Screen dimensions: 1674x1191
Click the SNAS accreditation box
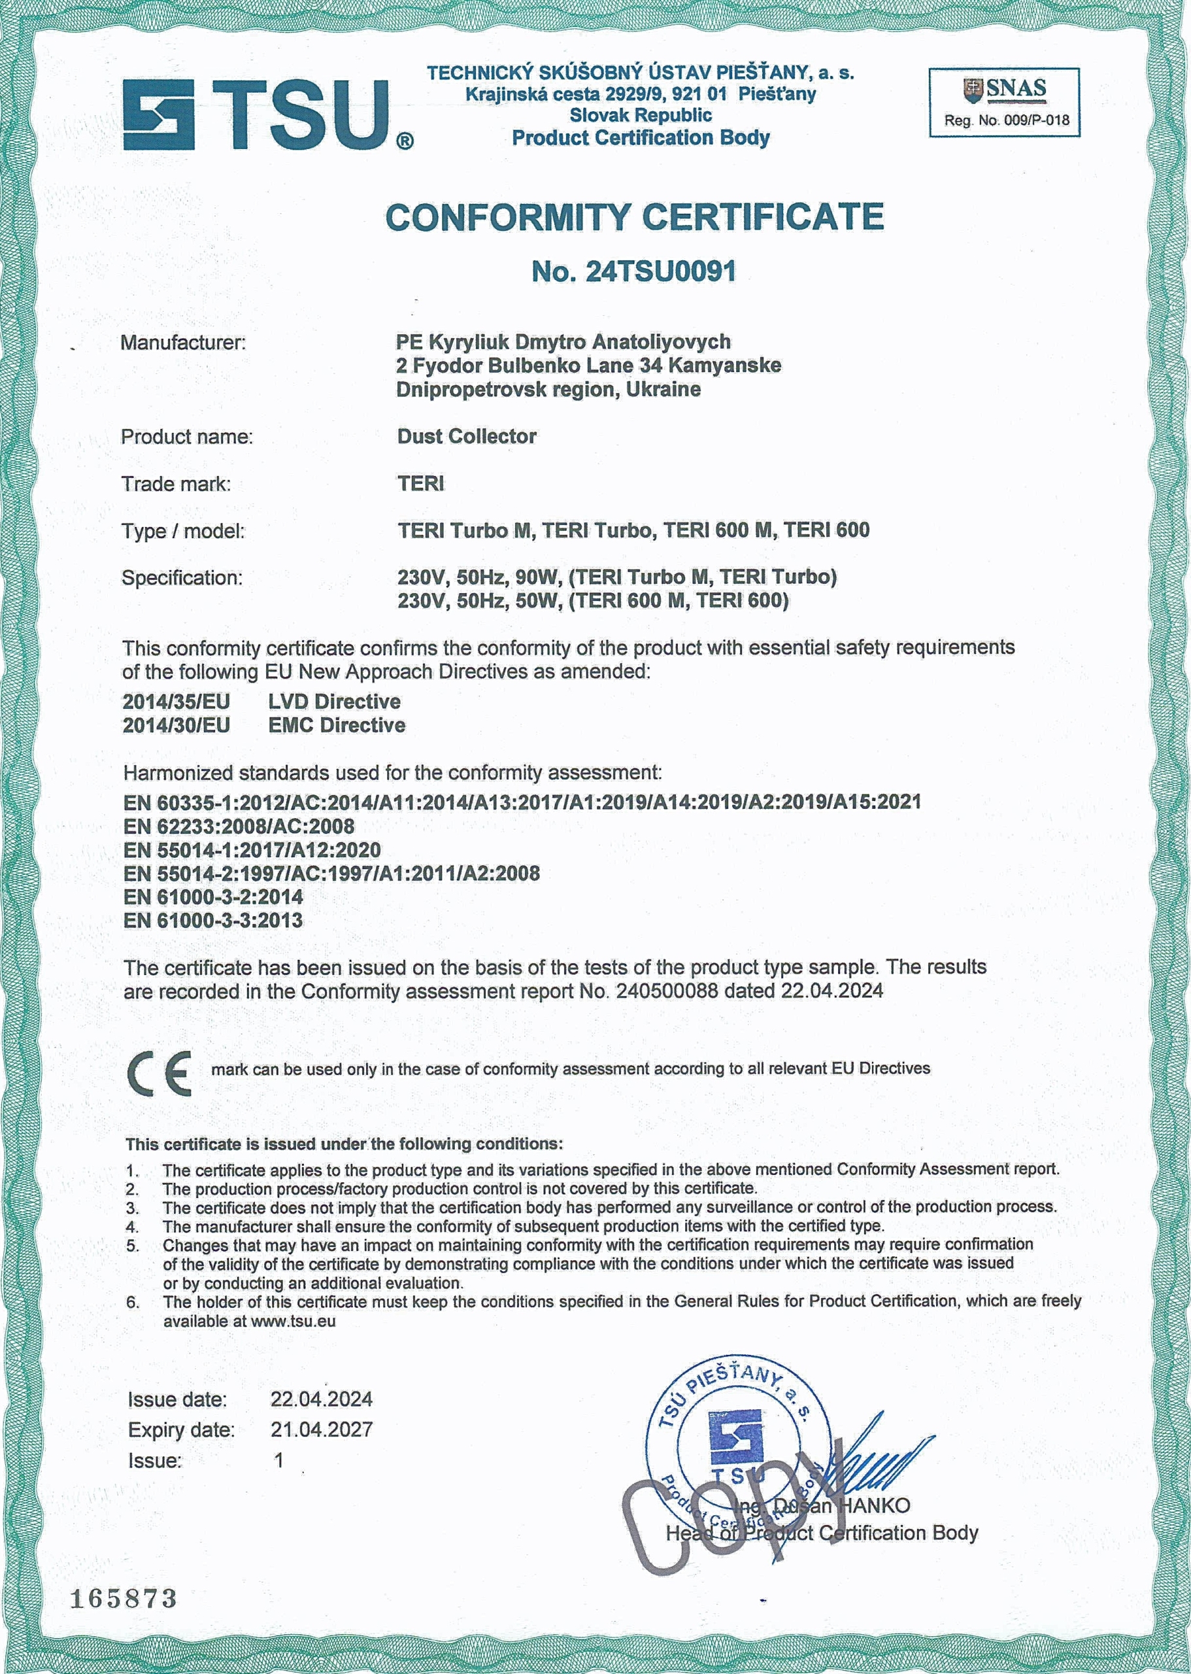(x=1004, y=102)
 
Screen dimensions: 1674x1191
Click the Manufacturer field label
(x=182, y=343)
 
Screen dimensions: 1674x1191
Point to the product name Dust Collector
(x=467, y=436)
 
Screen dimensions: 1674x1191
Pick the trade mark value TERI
(x=421, y=484)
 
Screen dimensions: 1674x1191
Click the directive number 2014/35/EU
(x=176, y=702)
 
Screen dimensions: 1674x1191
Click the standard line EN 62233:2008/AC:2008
(x=239, y=827)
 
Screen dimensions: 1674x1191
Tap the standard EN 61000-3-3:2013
(x=212, y=921)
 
